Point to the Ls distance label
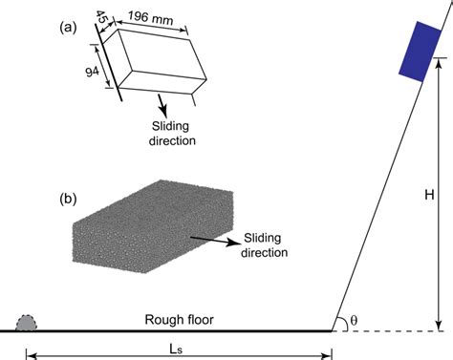tap(179, 342)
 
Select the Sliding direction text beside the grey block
tap(260, 244)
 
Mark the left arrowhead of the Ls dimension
tap(30, 355)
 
